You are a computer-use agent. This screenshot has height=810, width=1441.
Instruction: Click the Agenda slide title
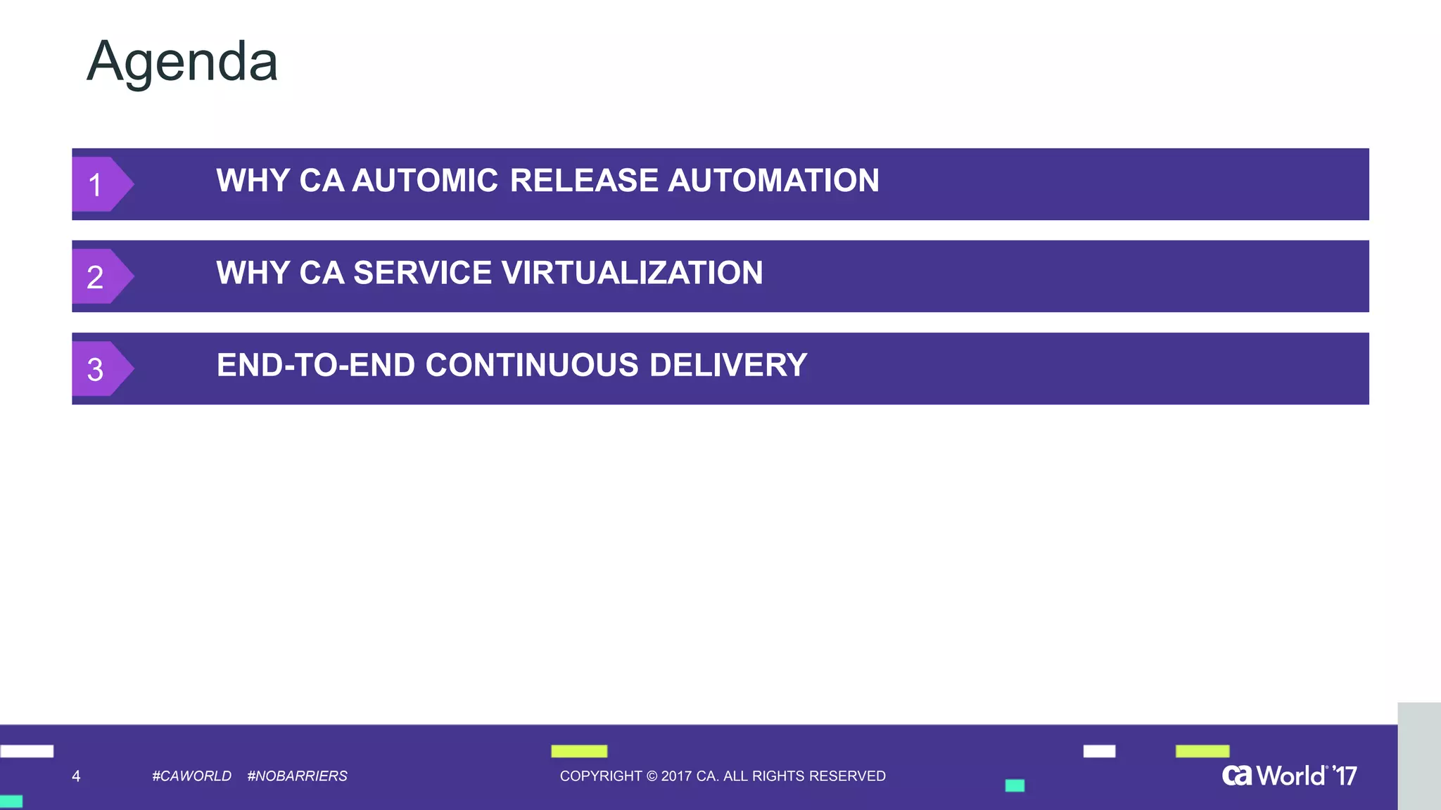[182, 62]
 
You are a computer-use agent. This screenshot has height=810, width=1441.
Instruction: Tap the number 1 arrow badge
[99, 184]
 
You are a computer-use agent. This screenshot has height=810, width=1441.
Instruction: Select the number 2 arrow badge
[99, 276]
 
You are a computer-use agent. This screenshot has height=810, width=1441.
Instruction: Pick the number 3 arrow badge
[99, 368]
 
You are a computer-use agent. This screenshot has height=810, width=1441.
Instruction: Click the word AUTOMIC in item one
[425, 181]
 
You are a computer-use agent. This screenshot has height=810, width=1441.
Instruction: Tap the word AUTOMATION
[773, 181]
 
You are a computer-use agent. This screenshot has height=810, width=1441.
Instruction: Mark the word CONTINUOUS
[532, 365]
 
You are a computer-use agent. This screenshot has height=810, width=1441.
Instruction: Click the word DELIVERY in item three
[728, 365]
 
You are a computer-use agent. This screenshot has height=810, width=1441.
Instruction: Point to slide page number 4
[76, 776]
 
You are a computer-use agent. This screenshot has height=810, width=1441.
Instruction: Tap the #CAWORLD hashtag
[191, 776]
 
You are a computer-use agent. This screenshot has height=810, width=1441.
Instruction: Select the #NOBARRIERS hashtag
[297, 776]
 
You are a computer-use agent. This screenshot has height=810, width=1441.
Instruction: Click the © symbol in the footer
[652, 776]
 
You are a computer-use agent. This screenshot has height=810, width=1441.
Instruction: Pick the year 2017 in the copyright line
[676, 776]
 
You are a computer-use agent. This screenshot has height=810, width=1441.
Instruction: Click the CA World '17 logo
[1289, 776]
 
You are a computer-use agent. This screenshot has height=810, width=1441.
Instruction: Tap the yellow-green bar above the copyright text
[578, 751]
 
